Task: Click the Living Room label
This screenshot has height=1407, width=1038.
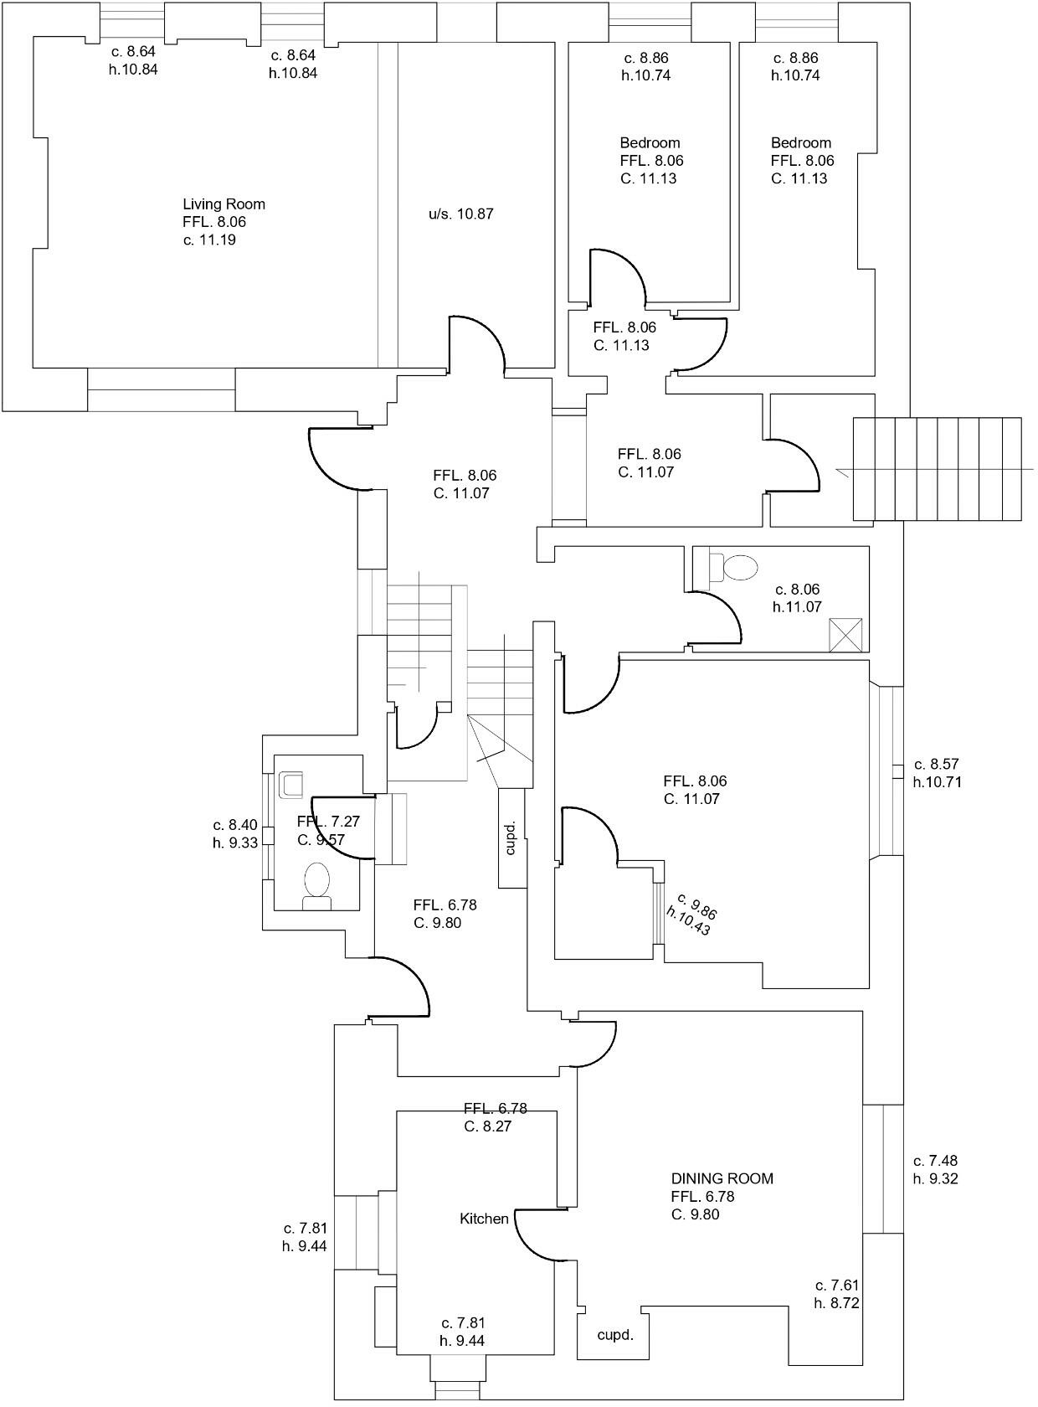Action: (x=224, y=204)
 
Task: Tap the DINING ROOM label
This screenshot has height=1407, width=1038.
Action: (x=722, y=1178)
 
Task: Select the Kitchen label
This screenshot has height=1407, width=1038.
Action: (x=484, y=1219)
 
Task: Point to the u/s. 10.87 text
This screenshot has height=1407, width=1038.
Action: (x=460, y=214)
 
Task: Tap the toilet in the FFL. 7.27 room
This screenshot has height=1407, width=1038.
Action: (x=317, y=884)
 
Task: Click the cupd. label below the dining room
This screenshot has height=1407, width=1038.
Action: (x=614, y=1335)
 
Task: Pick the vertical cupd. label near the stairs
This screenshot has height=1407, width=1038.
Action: (x=511, y=837)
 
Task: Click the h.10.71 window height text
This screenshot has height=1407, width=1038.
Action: (x=937, y=783)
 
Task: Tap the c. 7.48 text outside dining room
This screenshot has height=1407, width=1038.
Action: (x=935, y=1161)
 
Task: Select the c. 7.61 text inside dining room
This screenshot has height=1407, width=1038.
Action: (x=837, y=1285)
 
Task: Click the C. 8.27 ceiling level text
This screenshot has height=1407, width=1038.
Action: (x=487, y=1126)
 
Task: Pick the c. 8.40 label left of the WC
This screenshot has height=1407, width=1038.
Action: (x=235, y=825)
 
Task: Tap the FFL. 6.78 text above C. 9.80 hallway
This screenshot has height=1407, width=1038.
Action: (x=444, y=904)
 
